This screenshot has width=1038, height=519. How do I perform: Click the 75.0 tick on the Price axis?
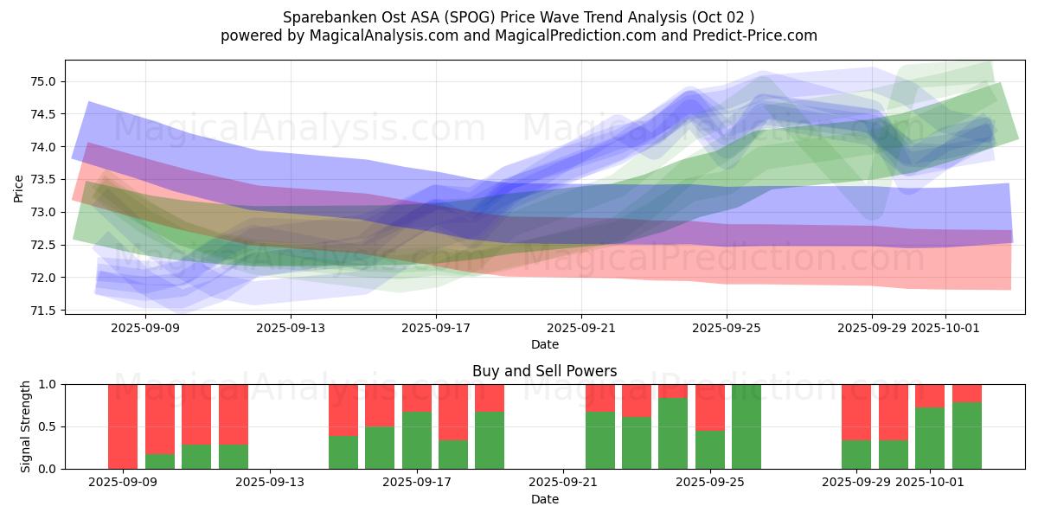coord(43,82)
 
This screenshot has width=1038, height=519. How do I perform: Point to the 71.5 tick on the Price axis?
coord(43,311)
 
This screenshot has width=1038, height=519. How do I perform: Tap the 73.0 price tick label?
coord(43,213)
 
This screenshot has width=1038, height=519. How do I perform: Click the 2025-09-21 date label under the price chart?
coord(581,328)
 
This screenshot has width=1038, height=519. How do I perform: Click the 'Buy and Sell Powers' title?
coord(544,371)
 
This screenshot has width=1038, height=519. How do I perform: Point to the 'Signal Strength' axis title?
coord(26,426)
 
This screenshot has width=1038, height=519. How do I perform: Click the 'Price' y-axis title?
coord(19,188)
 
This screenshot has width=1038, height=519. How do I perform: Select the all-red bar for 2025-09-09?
coord(123,426)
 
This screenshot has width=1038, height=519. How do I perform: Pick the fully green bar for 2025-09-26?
coord(746,426)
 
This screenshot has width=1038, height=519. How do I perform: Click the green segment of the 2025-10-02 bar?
coord(967,436)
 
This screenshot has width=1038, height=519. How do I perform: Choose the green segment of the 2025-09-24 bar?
coord(673,433)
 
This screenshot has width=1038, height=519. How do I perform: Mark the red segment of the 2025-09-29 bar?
coord(856,413)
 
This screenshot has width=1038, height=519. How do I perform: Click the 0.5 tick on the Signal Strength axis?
coord(48,426)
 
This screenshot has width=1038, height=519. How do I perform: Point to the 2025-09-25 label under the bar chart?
coord(710,482)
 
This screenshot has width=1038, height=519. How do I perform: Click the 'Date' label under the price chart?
coord(544,344)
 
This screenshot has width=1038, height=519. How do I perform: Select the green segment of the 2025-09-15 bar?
coord(343,452)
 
